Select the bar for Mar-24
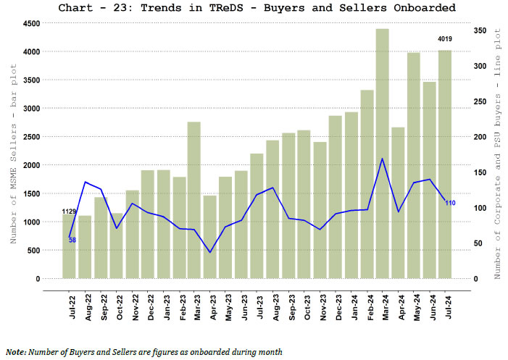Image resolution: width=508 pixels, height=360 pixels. click(x=382, y=154)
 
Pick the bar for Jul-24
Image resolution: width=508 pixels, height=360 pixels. click(x=444, y=164)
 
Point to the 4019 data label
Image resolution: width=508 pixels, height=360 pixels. click(x=444, y=39)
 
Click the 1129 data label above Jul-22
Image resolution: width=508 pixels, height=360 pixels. click(x=70, y=212)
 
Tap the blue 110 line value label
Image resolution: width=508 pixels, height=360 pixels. click(x=450, y=203)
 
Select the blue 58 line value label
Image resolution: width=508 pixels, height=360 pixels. click(x=72, y=240)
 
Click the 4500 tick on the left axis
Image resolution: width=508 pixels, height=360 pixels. click(x=30, y=24)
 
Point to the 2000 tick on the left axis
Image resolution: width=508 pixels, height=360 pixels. click(x=30, y=165)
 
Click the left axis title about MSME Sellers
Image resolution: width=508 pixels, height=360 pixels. click(x=12, y=151)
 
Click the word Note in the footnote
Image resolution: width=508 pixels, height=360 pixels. click(x=15, y=352)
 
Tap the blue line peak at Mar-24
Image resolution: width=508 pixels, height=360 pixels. click(x=382, y=159)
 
